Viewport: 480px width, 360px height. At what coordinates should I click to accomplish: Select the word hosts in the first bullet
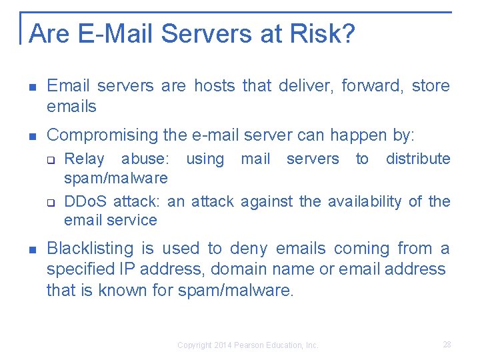215,86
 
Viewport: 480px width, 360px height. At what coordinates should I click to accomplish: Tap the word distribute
418,159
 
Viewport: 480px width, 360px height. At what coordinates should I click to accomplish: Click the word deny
248,249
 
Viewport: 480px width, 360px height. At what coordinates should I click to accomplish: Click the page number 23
447,345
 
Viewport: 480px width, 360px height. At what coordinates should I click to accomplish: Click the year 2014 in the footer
221,345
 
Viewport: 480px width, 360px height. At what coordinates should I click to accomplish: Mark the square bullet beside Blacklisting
32,249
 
